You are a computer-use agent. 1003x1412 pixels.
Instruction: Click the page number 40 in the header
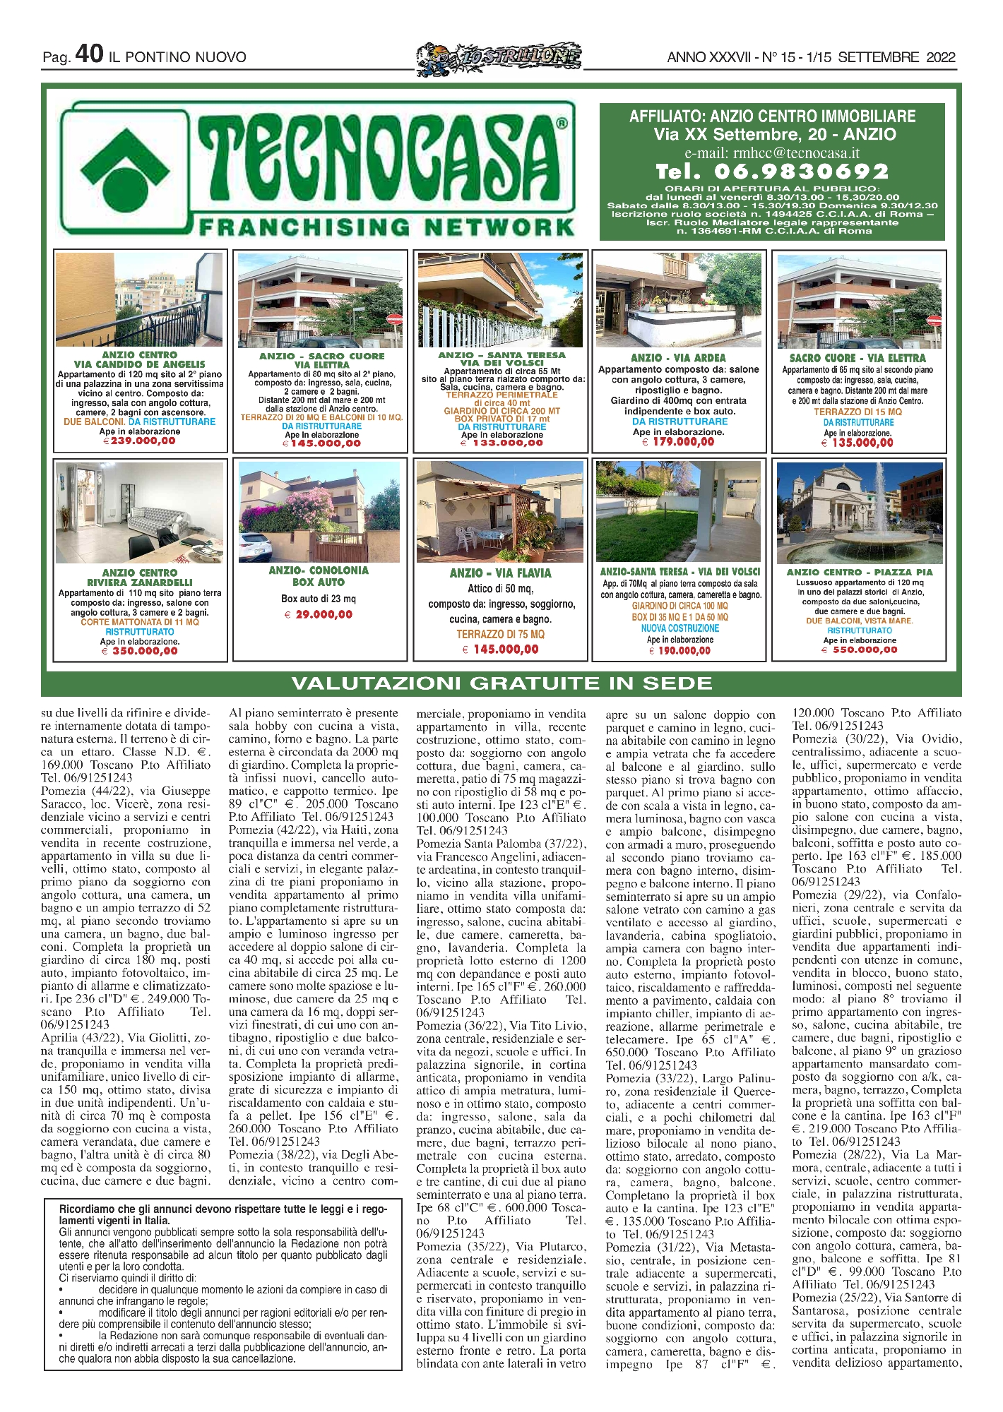(89, 54)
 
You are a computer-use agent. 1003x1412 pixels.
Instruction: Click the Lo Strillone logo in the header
(499, 56)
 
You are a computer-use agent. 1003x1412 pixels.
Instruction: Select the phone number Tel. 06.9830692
(772, 172)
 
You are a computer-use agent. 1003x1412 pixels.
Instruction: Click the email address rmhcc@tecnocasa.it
(772, 152)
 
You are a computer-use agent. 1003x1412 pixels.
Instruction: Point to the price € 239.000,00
(139, 441)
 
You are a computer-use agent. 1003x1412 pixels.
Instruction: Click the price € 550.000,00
(860, 650)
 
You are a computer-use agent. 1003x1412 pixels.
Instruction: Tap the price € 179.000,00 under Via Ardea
(678, 442)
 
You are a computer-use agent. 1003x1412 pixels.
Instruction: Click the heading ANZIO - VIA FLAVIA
(500, 573)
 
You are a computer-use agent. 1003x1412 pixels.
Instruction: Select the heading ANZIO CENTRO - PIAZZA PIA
(860, 572)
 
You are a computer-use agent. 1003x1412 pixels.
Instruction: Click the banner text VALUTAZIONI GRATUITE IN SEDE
(501, 683)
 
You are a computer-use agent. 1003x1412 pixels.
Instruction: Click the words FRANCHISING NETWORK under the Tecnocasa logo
(386, 227)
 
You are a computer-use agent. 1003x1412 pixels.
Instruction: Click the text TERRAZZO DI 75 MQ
(500, 634)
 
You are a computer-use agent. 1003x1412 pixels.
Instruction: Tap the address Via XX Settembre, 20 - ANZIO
(772, 134)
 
